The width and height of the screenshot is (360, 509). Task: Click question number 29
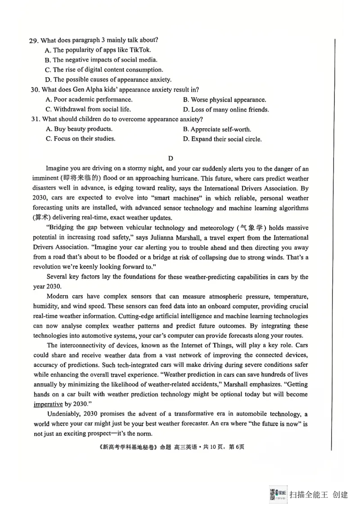coord(33,40)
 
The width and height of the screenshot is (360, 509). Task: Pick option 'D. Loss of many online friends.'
coord(226,109)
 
